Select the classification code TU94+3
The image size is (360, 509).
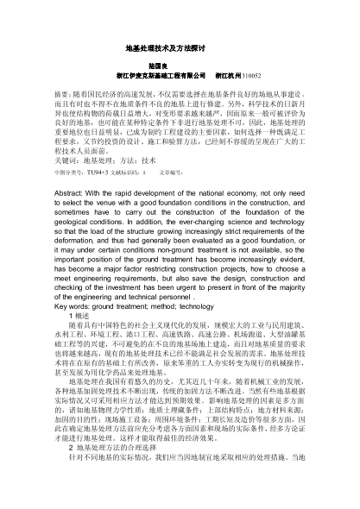[101, 198]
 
